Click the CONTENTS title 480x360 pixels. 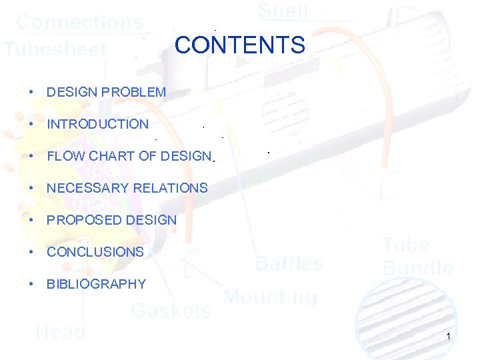[239, 45]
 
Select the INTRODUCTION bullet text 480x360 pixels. [97, 124]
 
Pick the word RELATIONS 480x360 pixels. [171, 188]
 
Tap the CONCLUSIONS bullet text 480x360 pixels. [95, 252]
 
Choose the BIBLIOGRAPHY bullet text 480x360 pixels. [96, 284]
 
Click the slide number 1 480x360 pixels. [449, 336]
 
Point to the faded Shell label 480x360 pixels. [283, 11]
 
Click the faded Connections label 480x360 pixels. [79, 22]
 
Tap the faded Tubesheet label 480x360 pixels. [55, 49]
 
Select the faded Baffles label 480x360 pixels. [290, 263]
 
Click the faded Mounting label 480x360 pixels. [270, 297]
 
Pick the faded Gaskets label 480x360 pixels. [171, 310]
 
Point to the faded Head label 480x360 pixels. [60, 331]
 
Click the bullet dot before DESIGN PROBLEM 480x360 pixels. [31, 92]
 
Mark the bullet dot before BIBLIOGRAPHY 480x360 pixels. [31, 284]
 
